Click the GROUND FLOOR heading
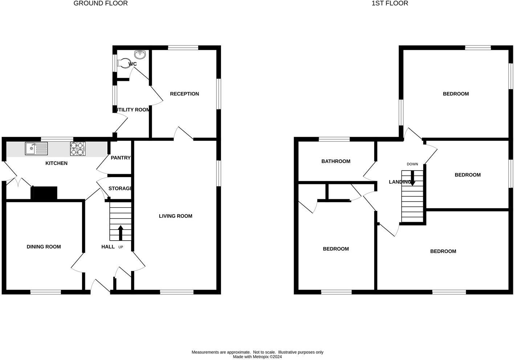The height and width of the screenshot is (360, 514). (x=101, y=4)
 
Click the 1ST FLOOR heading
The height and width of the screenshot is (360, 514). (x=390, y=4)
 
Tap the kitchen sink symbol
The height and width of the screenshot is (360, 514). (x=36, y=148)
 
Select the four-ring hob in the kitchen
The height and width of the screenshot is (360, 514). (x=78, y=149)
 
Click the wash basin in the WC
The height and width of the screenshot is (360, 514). (x=140, y=54)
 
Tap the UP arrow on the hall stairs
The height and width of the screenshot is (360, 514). (x=121, y=232)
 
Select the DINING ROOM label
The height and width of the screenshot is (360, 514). (x=44, y=247)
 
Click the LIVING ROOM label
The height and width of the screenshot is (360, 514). (x=175, y=216)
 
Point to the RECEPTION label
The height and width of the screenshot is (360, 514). (x=184, y=94)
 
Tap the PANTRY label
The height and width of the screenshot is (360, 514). (x=121, y=158)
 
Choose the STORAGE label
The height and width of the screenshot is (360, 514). (x=120, y=189)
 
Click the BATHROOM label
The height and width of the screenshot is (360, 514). (x=336, y=161)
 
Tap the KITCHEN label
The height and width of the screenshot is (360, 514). (x=56, y=163)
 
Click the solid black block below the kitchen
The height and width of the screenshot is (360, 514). (x=45, y=193)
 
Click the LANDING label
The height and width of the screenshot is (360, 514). (x=400, y=182)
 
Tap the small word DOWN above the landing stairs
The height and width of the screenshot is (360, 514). (x=412, y=164)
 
